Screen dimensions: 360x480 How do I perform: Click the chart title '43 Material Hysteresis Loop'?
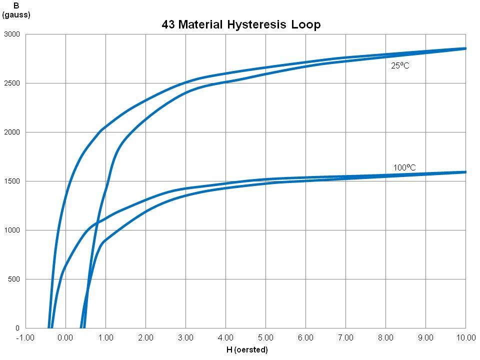point(241,24)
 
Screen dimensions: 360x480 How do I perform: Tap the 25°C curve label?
point(400,65)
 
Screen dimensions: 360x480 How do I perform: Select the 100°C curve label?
point(404,168)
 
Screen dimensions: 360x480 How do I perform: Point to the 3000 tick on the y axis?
point(11,34)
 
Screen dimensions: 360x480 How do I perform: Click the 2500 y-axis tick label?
point(11,83)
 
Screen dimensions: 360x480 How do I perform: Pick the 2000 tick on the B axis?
point(11,132)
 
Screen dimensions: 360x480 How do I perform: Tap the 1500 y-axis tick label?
point(11,181)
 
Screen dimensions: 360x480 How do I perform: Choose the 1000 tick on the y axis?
point(11,230)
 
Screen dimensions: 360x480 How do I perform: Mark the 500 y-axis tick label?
point(13,279)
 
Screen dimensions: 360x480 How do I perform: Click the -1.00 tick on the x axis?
point(25,337)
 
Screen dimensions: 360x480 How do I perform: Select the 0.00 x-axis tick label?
point(65,337)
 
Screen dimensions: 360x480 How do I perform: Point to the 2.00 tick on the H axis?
point(145,337)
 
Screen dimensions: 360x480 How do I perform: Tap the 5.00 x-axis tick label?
point(265,337)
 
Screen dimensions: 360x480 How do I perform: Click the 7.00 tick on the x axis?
point(345,337)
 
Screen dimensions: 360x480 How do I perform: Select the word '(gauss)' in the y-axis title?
point(16,15)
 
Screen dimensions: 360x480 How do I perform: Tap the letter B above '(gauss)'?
point(16,6)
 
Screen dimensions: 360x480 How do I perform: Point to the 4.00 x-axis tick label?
point(225,337)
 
